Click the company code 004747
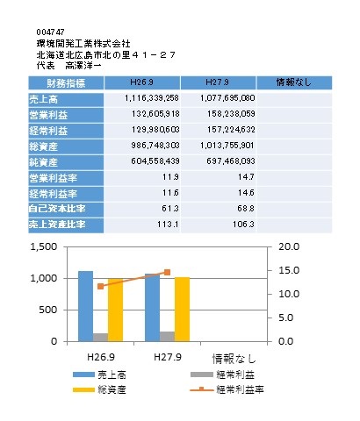point(50,32)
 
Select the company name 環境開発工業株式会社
point(83,44)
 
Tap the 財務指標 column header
point(66,83)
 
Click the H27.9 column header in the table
point(217,82)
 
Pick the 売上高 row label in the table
point(43,99)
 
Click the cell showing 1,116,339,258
point(152,98)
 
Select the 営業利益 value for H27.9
point(231,114)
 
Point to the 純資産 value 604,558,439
point(155,161)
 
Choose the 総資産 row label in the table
point(43,146)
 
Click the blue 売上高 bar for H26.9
point(85,306)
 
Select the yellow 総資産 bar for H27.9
point(182,310)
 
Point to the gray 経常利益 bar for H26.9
point(100,338)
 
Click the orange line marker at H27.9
point(167,272)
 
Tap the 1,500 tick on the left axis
point(44,247)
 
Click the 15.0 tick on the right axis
point(289,270)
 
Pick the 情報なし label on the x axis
point(234,359)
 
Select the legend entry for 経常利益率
point(227,389)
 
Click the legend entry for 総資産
point(99,389)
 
